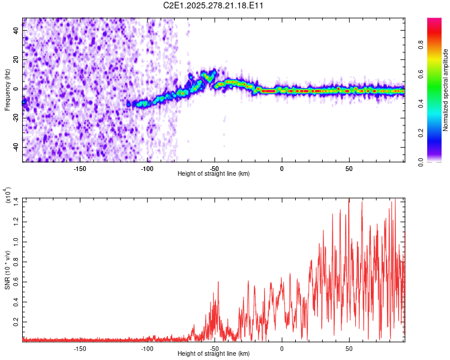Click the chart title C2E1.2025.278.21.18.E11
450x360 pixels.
point(214,6)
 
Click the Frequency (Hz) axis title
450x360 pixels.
point(7,89)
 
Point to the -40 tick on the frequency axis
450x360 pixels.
point(15,148)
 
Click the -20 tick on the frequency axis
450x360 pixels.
point(15,118)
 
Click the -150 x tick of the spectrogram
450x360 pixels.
point(80,169)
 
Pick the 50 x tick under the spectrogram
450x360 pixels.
point(349,169)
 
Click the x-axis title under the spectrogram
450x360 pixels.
point(214,174)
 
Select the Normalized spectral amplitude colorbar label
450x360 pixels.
point(446,90)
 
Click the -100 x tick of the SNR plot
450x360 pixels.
point(147,348)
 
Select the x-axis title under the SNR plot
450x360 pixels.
point(214,354)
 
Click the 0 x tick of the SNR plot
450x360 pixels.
point(281,348)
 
